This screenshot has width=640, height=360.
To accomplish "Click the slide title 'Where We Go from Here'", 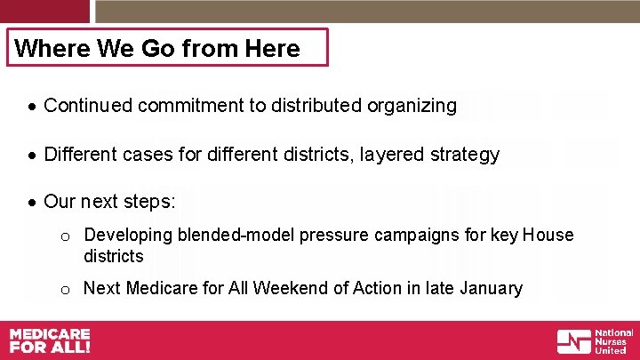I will pyautogui.click(x=157, y=48).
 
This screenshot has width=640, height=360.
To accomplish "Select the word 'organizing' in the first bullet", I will pyautogui.click(x=415, y=106).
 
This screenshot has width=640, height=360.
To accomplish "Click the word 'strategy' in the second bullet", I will pyautogui.click(x=466, y=155).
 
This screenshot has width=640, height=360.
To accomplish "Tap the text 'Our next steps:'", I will pyautogui.click(x=109, y=202).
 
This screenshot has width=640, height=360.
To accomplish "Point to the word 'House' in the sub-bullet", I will pyautogui.click(x=548, y=236).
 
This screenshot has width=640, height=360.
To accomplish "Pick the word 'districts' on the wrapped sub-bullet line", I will pyautogui.click(x=113, y=256).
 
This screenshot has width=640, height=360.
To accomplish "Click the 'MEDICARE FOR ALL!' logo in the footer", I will pyautogui.click(x=50, y=340).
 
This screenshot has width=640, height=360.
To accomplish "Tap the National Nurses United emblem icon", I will pyautogui.click(x=573, y=341).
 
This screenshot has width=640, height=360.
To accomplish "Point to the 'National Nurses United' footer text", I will pyautogui.click(x=614, y=341).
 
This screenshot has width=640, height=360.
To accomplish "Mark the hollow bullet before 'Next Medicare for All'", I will pyautogui.click(x=65, y=289).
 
